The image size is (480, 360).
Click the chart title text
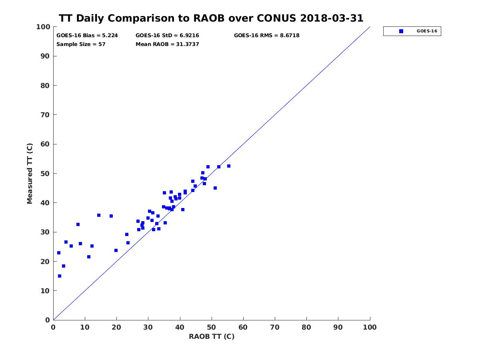(211, 18)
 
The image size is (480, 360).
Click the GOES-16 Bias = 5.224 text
(87, 36)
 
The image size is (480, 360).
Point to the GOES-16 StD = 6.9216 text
(167, 36)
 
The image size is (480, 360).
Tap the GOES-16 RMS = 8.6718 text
(266, 36)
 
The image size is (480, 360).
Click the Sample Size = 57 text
(81, 44)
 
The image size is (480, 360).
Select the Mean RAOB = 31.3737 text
(167, 44)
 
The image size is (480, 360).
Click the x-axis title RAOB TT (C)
(212, 336)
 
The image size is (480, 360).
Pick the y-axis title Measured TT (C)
(30, 173)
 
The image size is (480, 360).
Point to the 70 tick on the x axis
(275, 328)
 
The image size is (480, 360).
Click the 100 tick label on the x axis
(370, 328)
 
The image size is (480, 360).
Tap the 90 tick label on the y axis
(45, 56)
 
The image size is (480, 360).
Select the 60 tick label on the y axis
(45, 144)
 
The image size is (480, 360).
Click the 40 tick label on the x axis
(180, 328)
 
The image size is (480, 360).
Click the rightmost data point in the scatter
(229, 166)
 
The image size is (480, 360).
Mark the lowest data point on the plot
(60, 276)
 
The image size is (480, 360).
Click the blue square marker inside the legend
(401, 31)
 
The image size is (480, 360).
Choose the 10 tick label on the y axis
(45, 291)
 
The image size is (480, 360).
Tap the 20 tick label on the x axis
(116, 328)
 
